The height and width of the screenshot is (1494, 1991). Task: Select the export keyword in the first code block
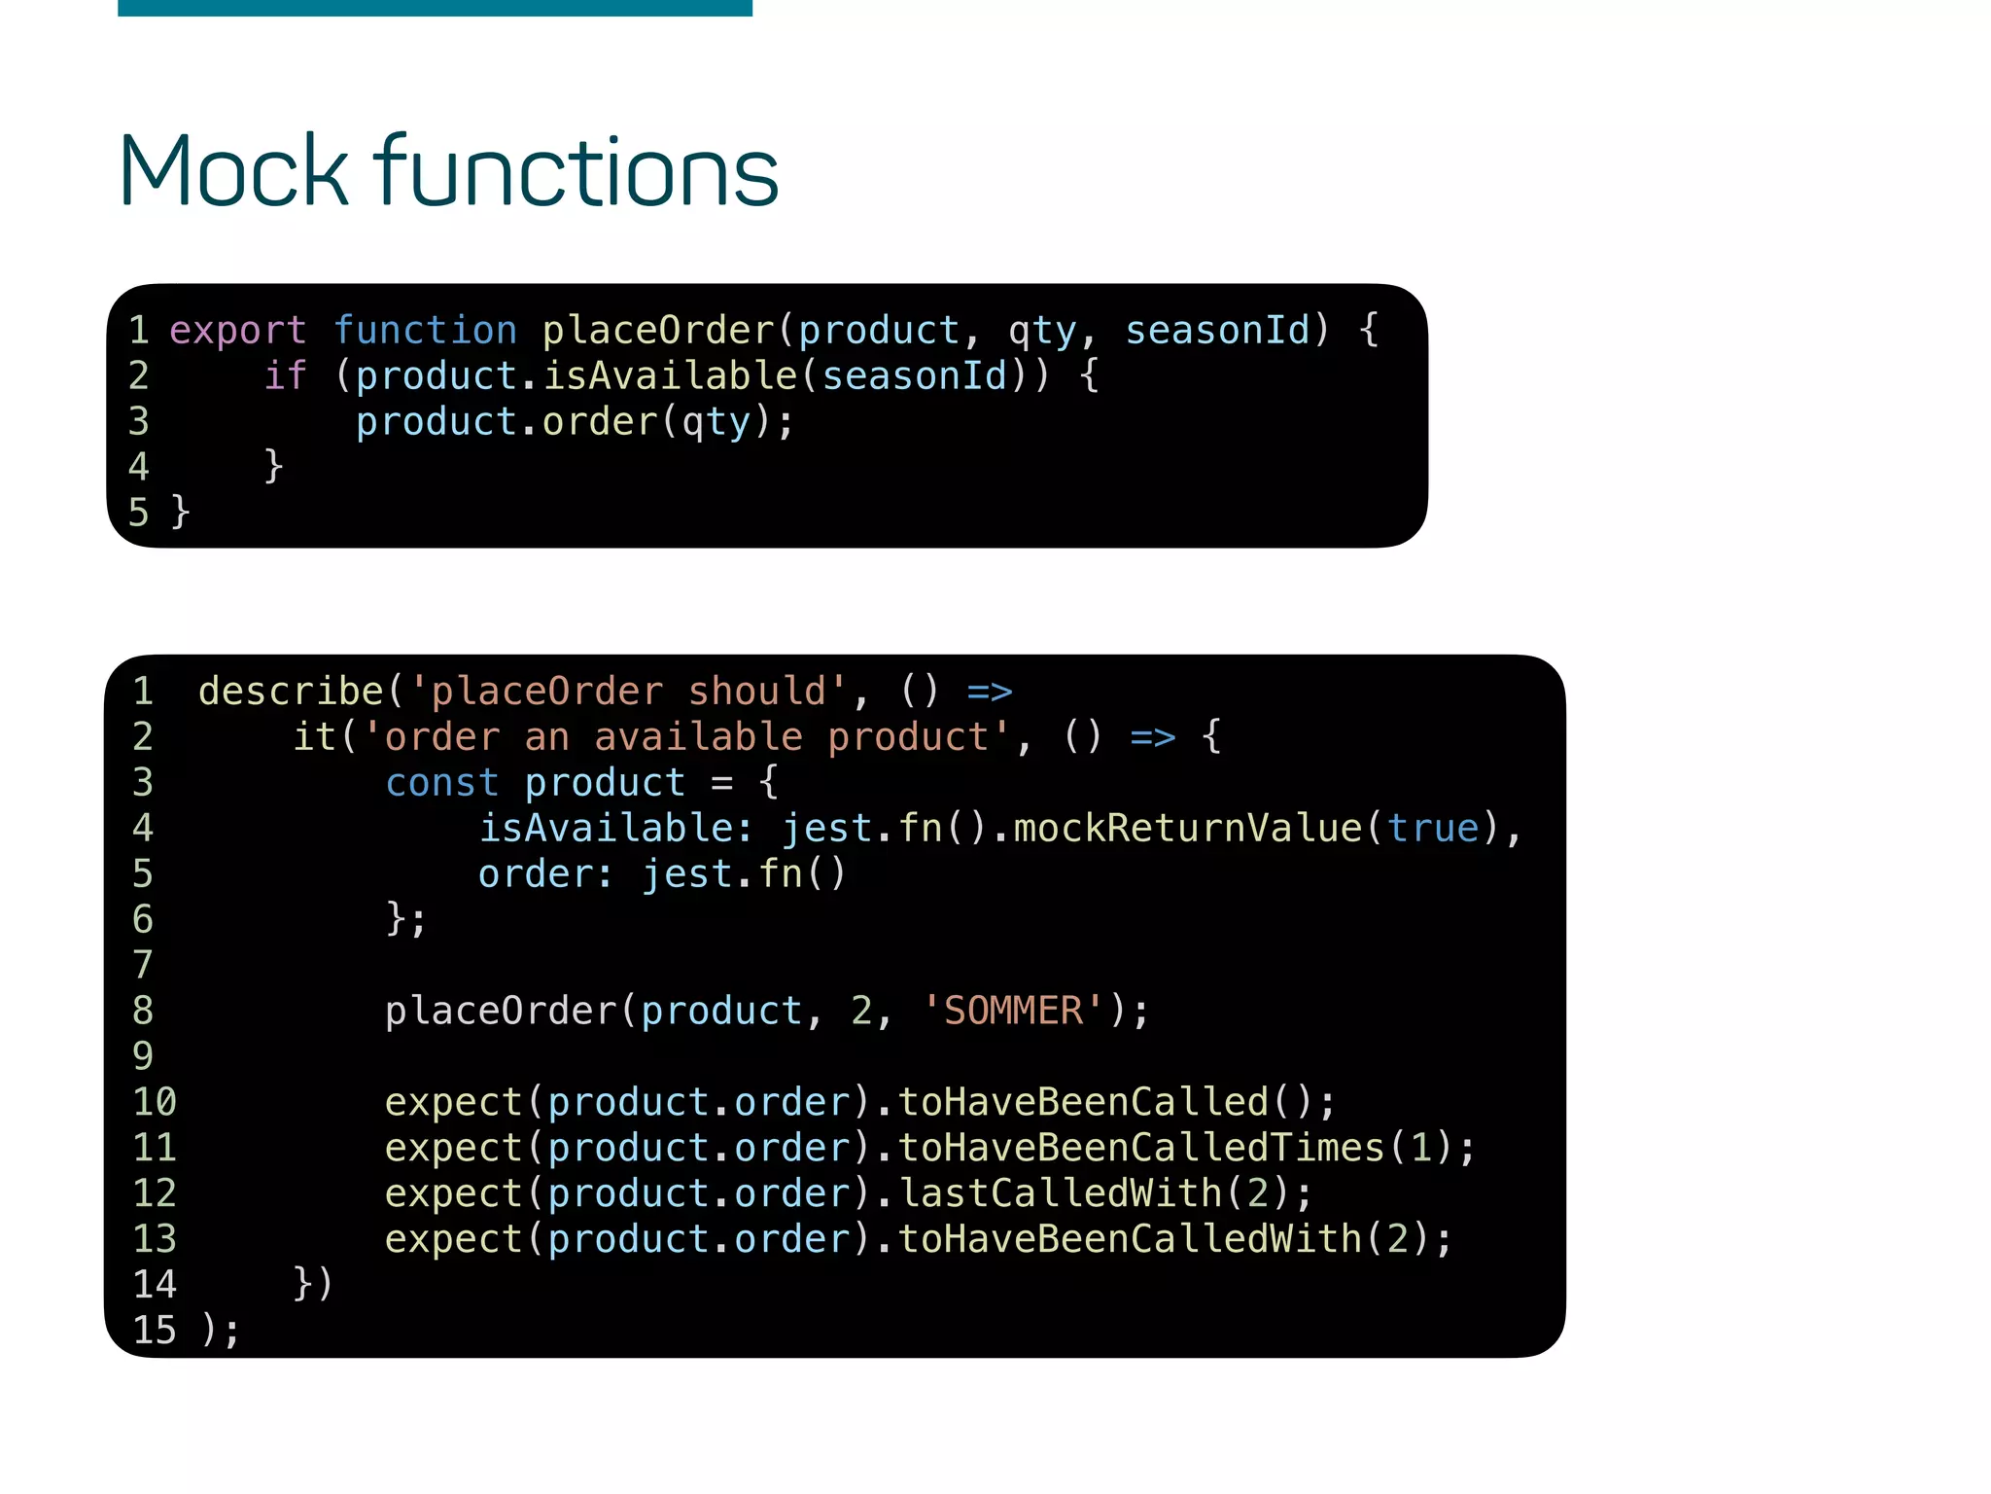pos(237,331)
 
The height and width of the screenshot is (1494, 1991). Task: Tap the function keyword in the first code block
pos(425,331)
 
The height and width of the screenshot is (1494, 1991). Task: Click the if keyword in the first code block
pos(285,376)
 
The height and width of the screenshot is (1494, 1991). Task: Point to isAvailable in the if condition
pos(670,376)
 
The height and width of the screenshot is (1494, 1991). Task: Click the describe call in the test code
pos(291,692)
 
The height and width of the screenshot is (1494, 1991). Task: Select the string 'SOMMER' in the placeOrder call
pos(1013,1012)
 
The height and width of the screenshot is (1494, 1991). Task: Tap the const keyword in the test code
pos(441,783)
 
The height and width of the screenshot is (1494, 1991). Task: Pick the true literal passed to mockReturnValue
pos(1433,829)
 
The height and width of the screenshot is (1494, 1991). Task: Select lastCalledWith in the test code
pos(1060,1193)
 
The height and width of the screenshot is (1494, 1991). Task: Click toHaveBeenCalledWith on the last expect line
pos(1130,1239)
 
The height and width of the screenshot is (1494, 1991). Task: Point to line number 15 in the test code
pos(155,1331)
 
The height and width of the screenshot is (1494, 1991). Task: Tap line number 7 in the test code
pos(143,965)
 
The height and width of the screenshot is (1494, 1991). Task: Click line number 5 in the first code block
pos(139,513)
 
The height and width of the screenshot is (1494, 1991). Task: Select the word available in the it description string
pos(698,737)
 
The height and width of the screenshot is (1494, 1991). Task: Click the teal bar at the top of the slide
pos(435,8)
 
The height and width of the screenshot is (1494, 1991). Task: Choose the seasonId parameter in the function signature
pos(1218,331)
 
